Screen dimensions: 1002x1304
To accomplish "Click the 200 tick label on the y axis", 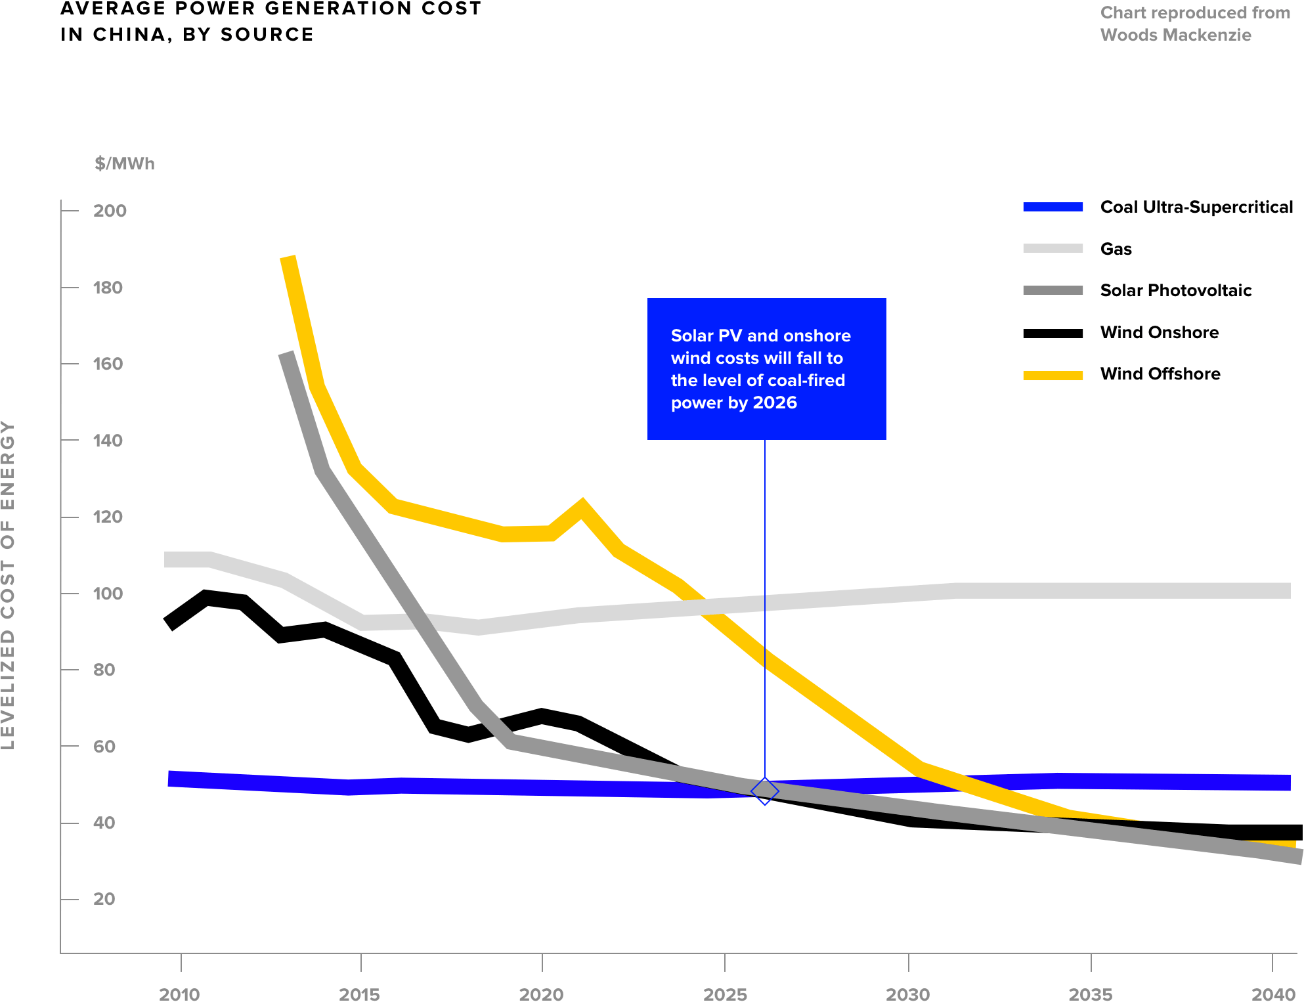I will (x=110, y=211).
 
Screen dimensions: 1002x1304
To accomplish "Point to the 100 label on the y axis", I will (x=108, y=594).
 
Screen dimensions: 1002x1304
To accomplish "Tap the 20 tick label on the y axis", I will (x=104, y=899).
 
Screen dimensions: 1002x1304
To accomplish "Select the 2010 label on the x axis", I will (x=179, y=993).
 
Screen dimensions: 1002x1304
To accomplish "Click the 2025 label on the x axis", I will (x=725, y=993).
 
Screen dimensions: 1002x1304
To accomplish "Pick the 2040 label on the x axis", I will (x=1273, y=993).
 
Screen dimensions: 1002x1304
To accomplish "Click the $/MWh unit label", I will (x=124, y=163).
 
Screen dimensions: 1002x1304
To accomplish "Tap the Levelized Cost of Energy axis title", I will (x=8, y=584).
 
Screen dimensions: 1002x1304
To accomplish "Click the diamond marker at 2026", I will (x=765, y=791).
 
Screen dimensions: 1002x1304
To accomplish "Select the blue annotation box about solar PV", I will (x=766, y=368).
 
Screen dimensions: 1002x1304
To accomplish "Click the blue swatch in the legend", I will (x=1053, y=207).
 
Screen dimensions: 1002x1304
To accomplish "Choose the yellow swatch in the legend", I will (x=1053, y=376).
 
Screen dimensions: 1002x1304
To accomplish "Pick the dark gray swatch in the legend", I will (x=1053, y=290).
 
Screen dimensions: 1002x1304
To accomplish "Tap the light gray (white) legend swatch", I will (x=1053, y=248).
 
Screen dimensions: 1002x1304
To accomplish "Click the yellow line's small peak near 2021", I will (x=582, y=506).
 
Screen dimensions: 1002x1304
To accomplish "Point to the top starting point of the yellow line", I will (x=288, y=259).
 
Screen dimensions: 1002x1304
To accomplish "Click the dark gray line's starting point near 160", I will (x=287, y=355).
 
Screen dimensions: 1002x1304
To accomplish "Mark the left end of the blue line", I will (x=170, y=779).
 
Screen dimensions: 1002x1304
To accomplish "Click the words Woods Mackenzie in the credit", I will (x=1175, y=35).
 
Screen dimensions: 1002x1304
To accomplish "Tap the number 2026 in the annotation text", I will (x=775, y=403).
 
